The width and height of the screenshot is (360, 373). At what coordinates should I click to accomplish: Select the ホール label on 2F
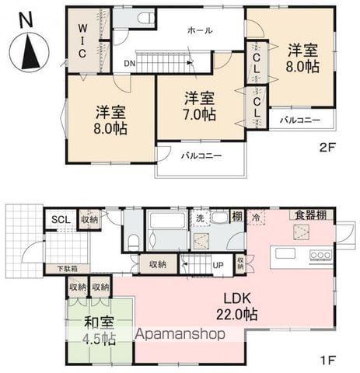200,30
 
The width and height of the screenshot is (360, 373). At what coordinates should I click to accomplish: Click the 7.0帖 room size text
200,113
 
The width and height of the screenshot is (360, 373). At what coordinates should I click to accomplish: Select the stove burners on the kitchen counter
320,254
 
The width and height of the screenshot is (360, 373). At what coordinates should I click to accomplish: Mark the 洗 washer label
200,218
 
